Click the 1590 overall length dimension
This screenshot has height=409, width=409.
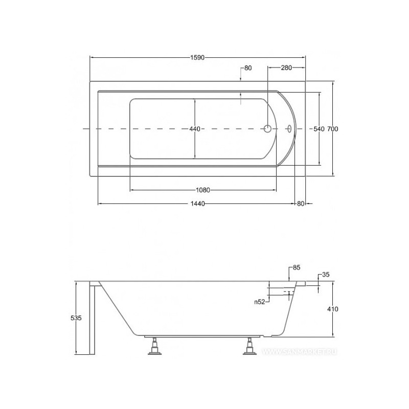[197, 58]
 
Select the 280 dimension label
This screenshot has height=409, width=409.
[286, 68]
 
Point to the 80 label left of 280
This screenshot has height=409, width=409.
[248, 68]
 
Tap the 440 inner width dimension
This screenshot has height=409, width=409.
[195, 129]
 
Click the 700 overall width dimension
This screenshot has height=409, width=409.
[333, 129]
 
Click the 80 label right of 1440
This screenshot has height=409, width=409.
[301, 204]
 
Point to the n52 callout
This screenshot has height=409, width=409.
[260, 302]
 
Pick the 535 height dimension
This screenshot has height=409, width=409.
[76, 318]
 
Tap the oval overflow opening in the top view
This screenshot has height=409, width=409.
[290, 129]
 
